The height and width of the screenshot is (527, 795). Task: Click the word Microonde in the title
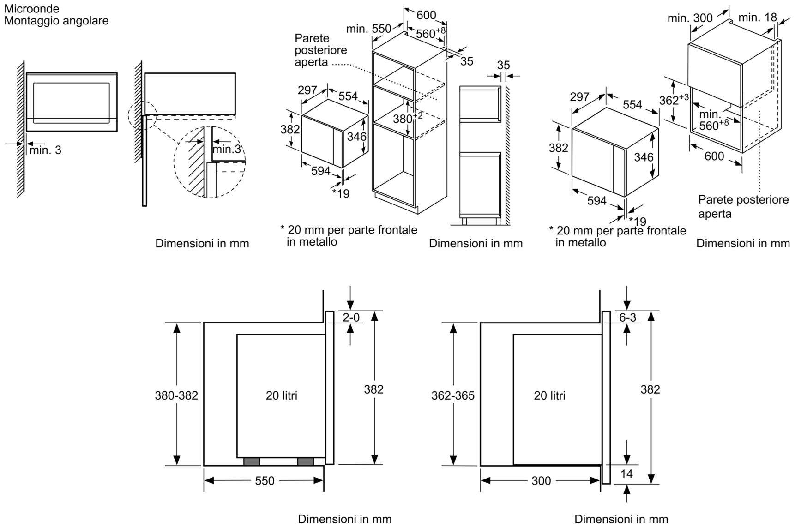[32, 8]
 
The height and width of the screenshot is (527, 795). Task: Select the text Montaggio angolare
[56, 21]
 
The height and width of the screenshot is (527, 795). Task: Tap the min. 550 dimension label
[369, 29]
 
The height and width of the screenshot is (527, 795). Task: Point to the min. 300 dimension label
[690, 18]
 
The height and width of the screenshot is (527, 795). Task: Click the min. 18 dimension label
[757, 17]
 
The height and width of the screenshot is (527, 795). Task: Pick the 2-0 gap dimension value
[351, 317]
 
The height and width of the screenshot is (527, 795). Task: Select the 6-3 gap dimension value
[627, 317]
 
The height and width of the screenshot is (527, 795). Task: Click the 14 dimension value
[626, 473]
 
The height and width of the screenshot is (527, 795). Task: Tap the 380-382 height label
[176, 395]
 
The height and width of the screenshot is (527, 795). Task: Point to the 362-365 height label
[452, 395]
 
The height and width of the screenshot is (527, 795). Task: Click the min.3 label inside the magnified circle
[227, 149]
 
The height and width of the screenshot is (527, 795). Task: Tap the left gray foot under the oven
[252, 461]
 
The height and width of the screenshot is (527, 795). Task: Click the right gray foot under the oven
[306, 461]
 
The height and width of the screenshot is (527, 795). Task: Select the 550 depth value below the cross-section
[265, 481]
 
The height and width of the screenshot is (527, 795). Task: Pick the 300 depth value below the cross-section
[541, 481]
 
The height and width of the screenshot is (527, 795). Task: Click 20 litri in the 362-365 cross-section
[549, 395]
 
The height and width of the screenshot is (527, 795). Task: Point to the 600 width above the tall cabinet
[426, 15]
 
